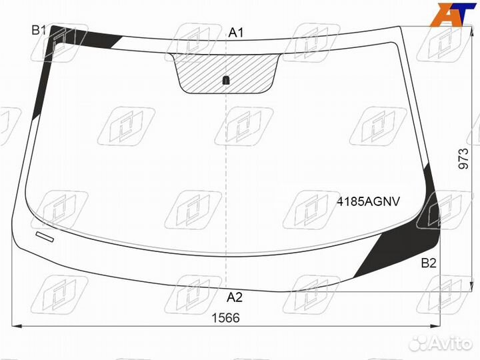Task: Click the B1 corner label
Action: pyautogui.click(x=39, y=30)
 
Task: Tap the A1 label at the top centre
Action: pyautogui.click(x=236, y=33)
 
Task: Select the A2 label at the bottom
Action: pyautogui.click(x=235, y=297)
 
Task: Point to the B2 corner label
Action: pyautogui.click(x=429, y=263)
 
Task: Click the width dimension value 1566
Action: pyautogui.click(x=226, y=318)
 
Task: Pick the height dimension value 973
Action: pyautogui.click(x=464, y=159)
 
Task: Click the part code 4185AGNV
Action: pyautogui.click(x=369, y=201)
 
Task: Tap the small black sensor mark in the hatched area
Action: pyautogui.click(x=226, y=81)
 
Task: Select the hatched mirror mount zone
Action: pyautogui.click(x=226, y=73)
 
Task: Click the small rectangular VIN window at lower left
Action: pyautogui.click(x=45, y=237)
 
